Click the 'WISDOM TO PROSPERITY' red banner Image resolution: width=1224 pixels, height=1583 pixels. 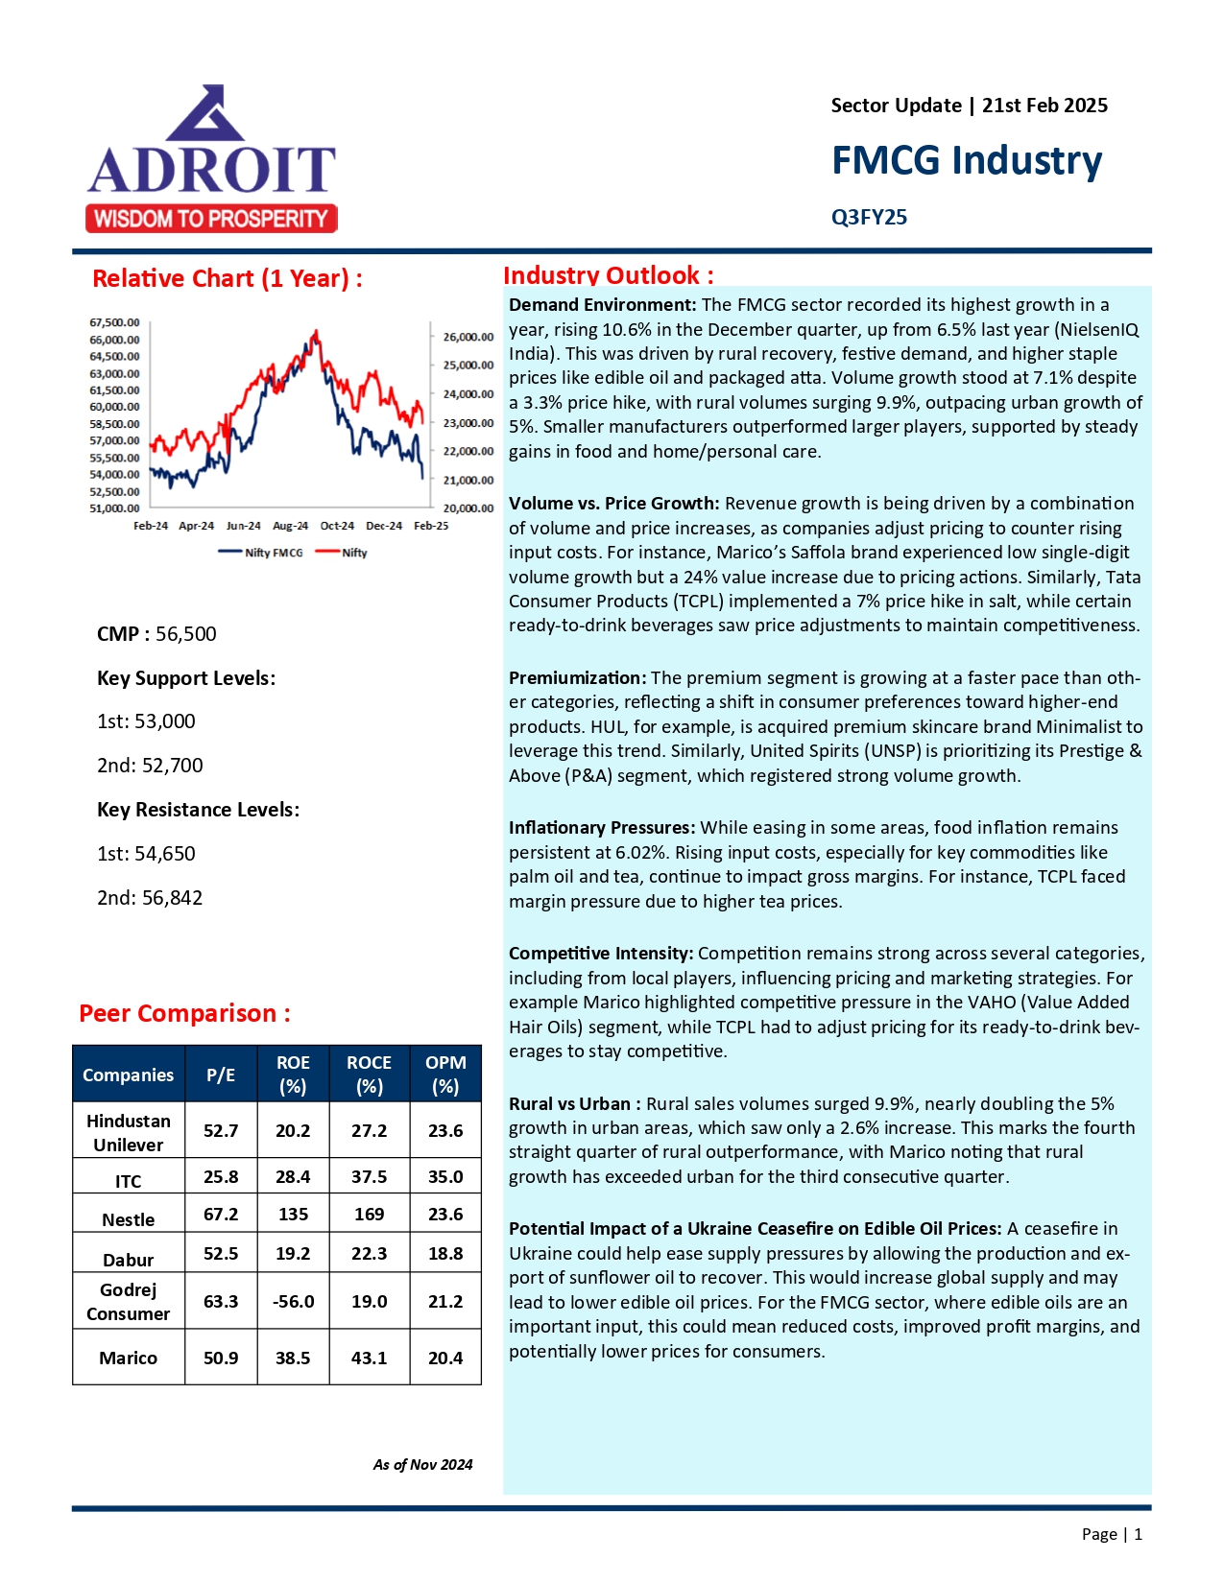click(x=211, y=219)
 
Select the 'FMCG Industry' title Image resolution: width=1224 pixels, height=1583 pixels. click(x=966, y=160)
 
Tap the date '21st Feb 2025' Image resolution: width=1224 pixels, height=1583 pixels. click(x=1044, y=106)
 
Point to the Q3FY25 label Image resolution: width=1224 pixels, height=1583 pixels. click(x=869, y=217)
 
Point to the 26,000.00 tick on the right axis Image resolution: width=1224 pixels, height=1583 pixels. click(x=468, y=337)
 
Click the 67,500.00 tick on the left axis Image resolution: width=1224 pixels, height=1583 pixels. click(x=114, y=322)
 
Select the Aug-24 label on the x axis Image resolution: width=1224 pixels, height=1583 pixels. click(x=290, y=526)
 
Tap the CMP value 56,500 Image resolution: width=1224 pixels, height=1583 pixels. click(x=186, y=634)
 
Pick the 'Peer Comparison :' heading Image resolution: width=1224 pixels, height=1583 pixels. click(x=184, y=1013)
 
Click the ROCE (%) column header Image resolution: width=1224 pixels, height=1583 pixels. click(x=369, y=1075)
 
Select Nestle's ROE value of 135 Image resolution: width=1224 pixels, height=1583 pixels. click(x=293, y=1215)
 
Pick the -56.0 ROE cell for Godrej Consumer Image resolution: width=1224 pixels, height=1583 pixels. click(x=293, y=1302)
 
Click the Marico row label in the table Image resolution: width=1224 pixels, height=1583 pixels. click(x=128, y=1358)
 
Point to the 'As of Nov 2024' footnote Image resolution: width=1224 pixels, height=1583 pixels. click(x=422, y=1465)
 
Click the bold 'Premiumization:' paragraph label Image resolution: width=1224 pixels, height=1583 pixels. click(x=577, y=678)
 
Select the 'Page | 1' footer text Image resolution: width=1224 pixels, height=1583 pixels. click(x=1112, y=1534)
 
